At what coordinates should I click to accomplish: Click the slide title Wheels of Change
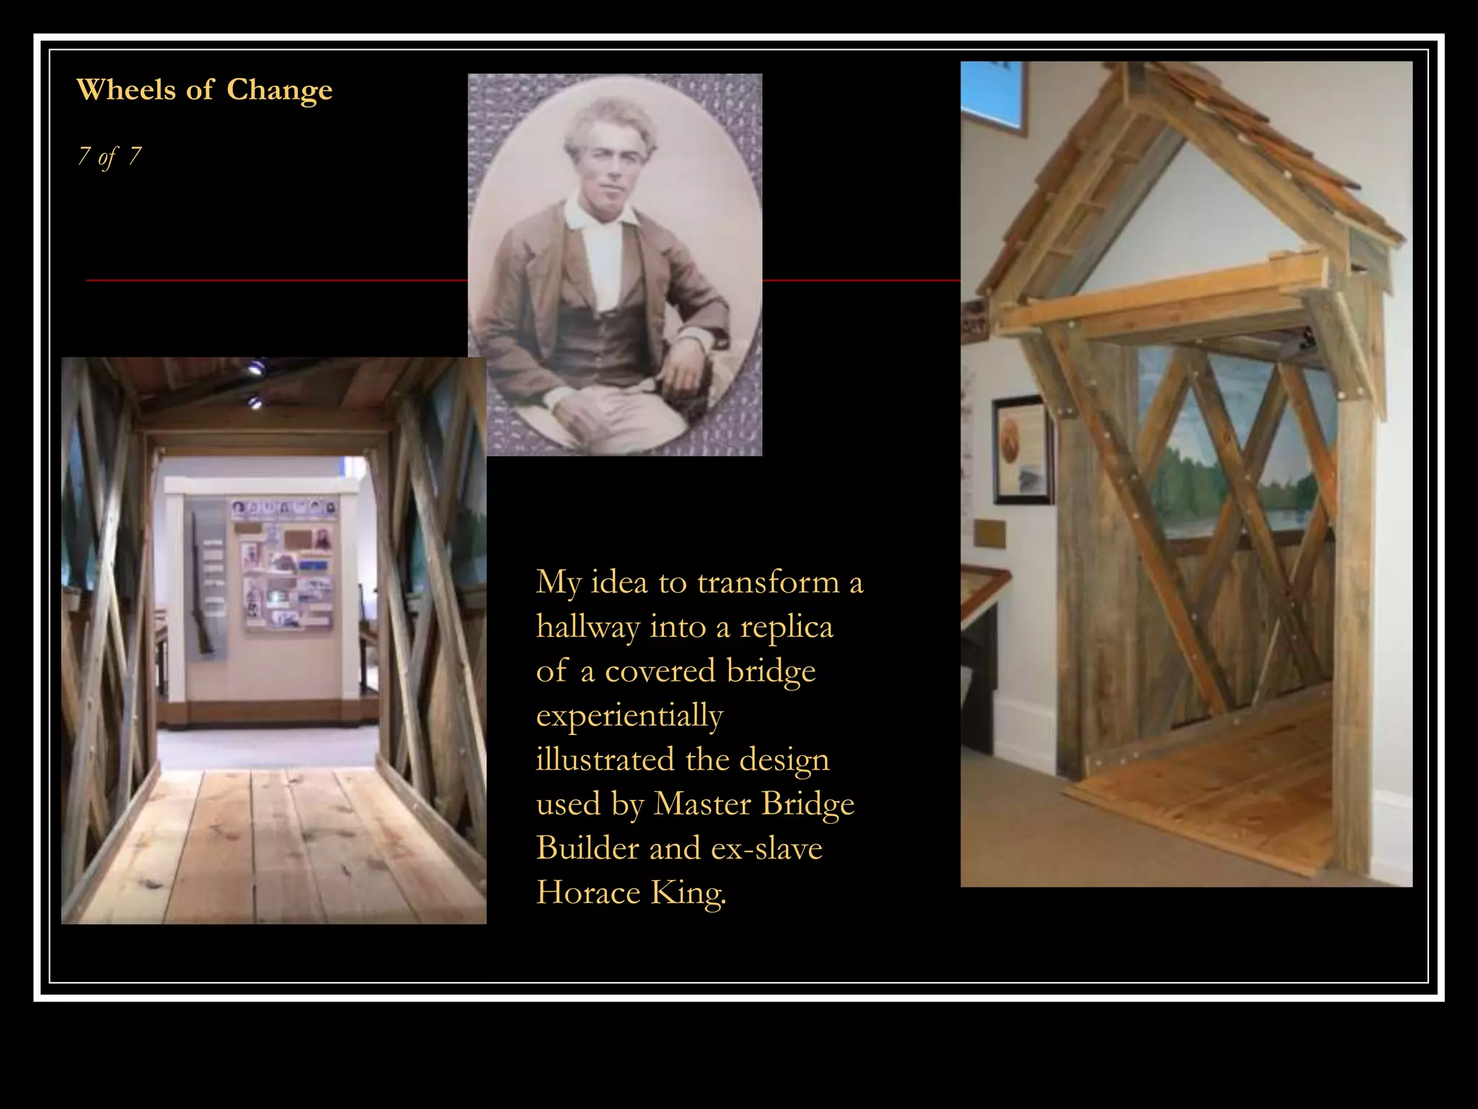pos(204,90)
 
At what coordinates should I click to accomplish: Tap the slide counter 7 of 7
pos(110,156)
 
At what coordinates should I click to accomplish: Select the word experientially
pos(629,716)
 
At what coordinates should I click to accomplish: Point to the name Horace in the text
pos(587,892)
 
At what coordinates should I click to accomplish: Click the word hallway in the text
pos(587,627)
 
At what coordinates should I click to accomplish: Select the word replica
pos(786,627)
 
